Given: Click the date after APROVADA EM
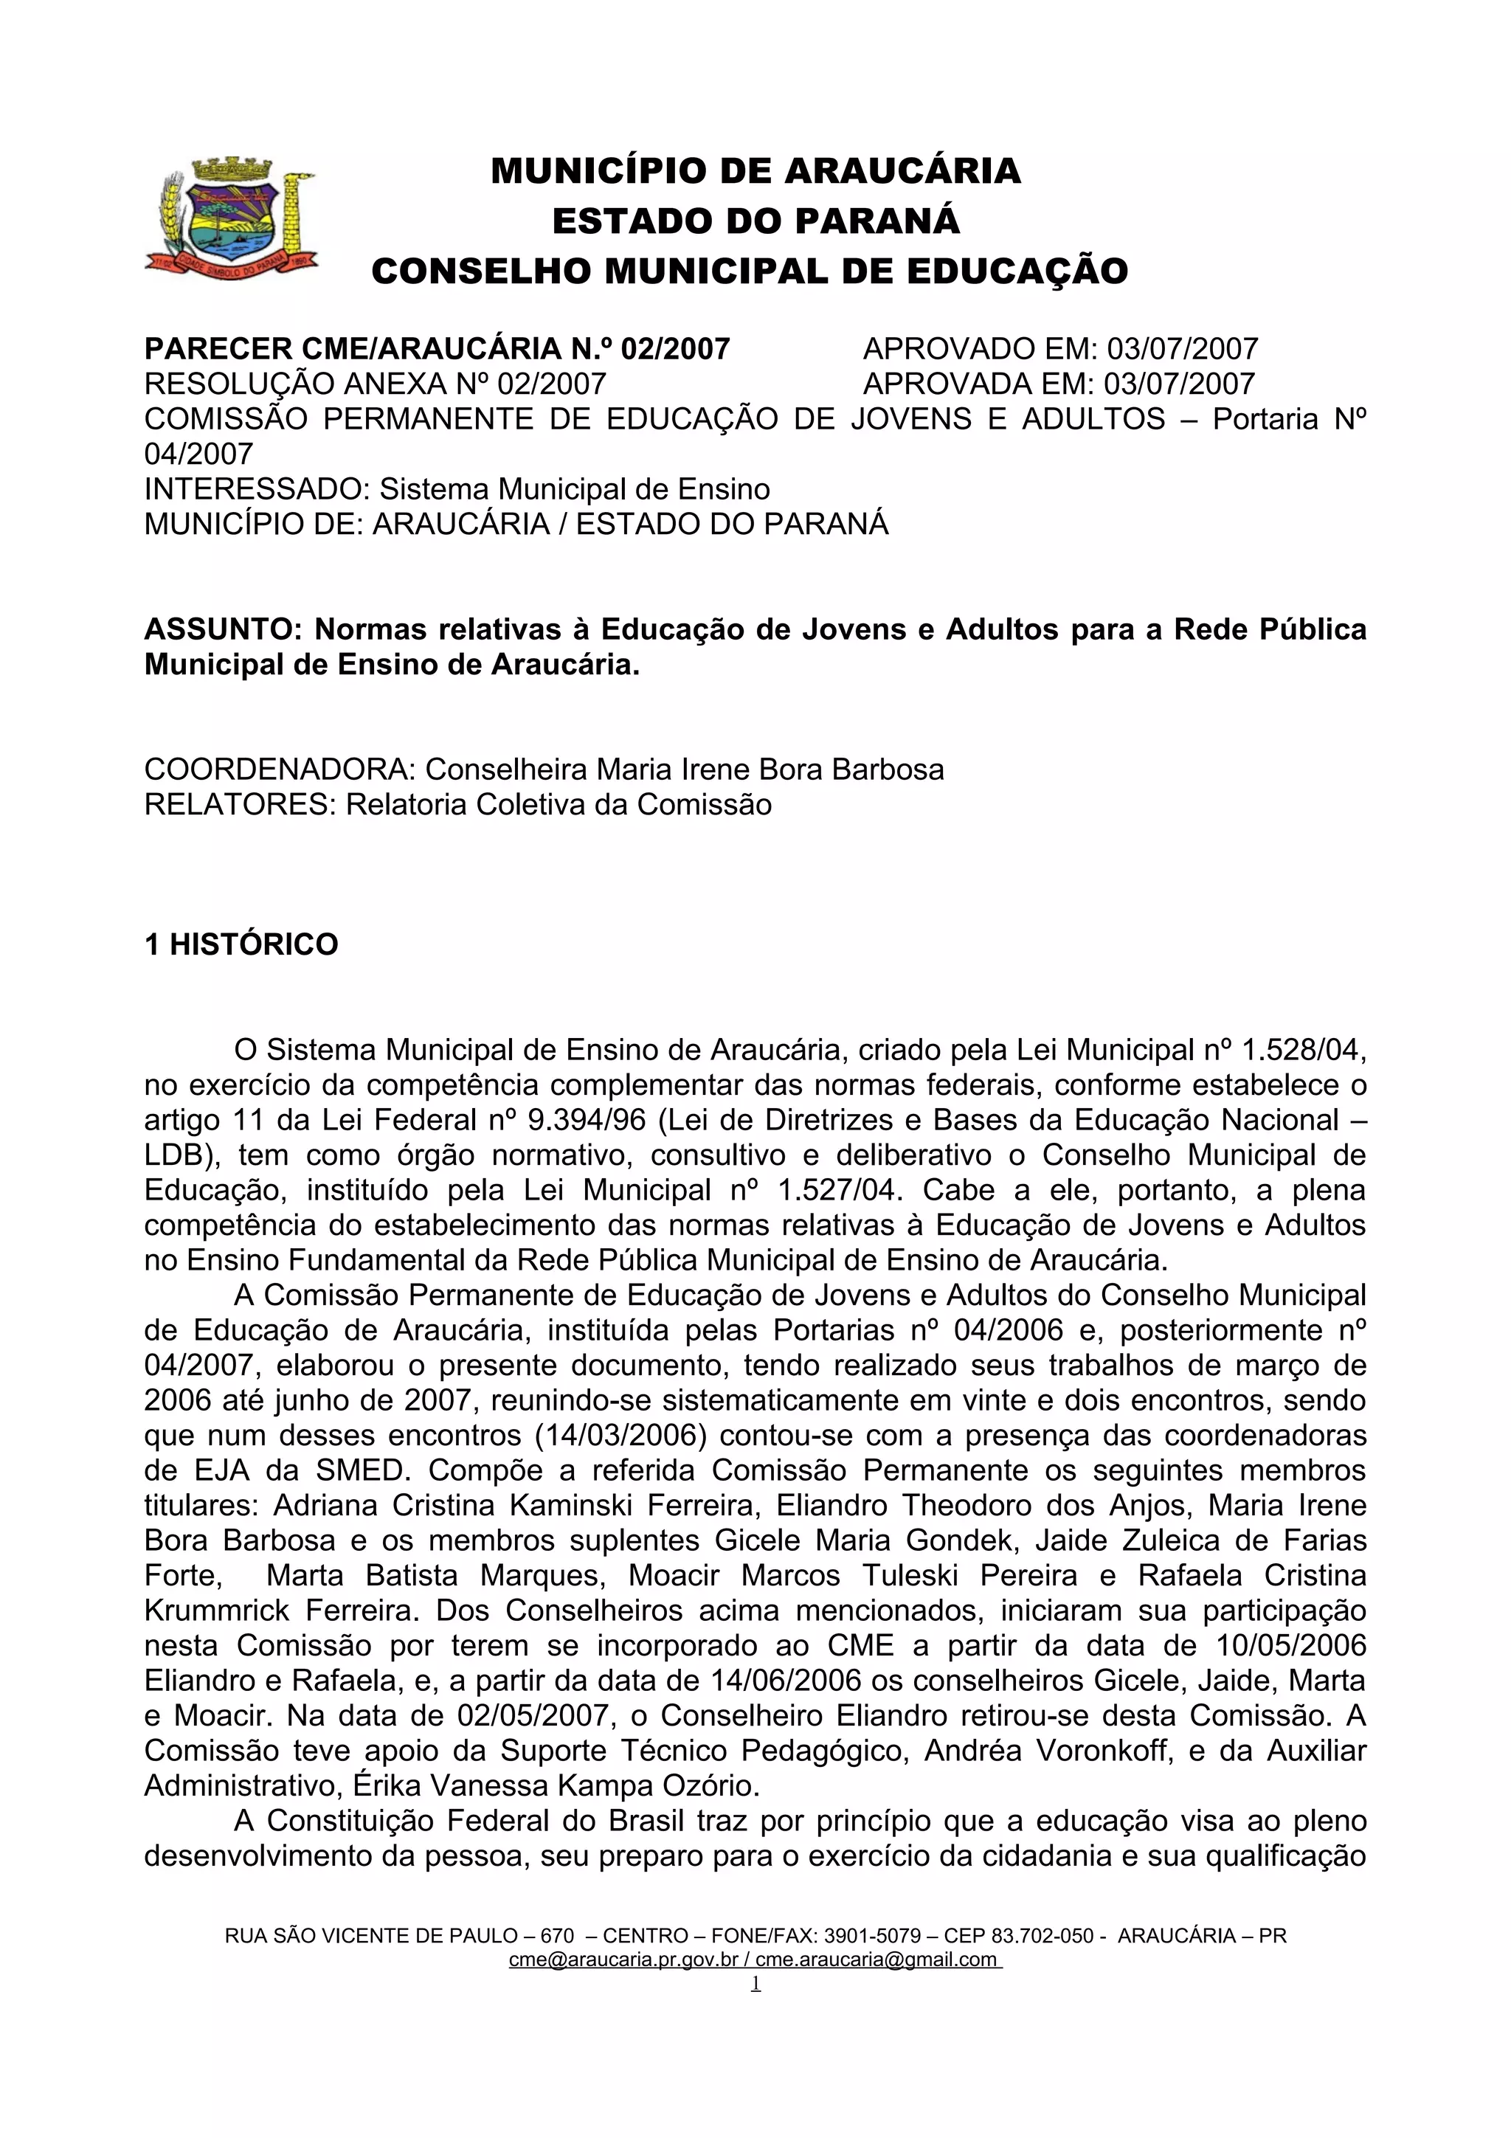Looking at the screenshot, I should pos(1179,384).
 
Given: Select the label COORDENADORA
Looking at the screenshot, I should pos(280,770).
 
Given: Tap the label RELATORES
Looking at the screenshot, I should pos(238,805).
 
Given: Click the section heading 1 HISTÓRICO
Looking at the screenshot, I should pos(241,944).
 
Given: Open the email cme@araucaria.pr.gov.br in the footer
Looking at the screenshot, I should pos(623,1959).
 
